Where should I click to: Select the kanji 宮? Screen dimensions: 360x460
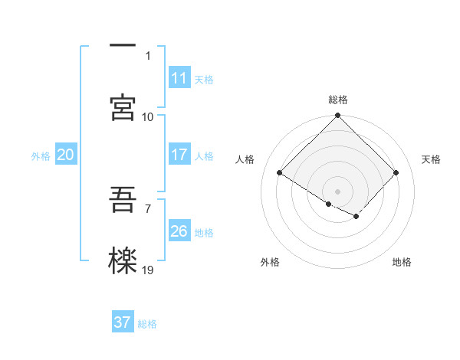(x=123, y=107)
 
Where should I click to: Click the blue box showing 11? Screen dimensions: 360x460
(x=179, y=78)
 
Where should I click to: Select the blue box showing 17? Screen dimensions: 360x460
(x=179, y=155)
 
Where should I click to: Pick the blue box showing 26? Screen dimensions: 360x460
(x=179, y=231)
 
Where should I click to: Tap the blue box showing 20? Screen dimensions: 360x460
(x=65, y=155)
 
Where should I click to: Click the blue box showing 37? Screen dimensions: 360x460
(x=122, y=322)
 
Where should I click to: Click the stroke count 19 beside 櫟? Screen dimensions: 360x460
(x=148, y=270)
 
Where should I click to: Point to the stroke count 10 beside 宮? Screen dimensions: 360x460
(x=148, y=117)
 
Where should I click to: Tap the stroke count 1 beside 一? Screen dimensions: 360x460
(x=149, y=56)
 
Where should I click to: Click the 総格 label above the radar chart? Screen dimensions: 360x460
(x=338, y=100)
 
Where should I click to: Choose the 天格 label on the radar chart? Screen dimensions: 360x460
(x=431, y=159)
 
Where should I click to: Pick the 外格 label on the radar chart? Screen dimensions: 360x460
(x=270, y=262)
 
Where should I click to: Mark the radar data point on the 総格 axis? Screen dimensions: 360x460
(x=338, y=116)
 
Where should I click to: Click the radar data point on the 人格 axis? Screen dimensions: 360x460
(x=280, y=173)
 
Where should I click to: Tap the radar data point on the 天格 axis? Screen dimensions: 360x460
(x=396, y=173)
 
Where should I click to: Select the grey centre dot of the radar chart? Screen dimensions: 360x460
(x=338, y=191)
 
